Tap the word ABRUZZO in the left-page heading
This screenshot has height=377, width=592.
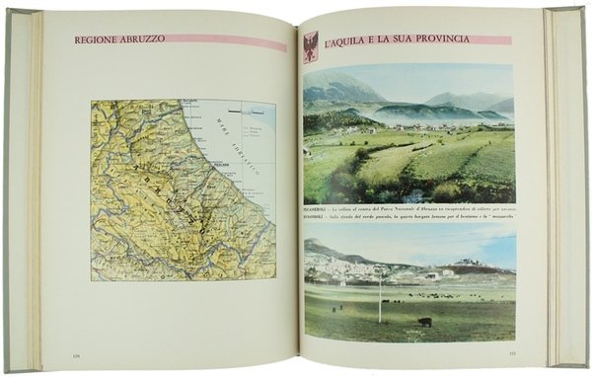click(x=134, y=41)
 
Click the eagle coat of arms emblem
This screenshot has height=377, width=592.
click(x=310, y=46)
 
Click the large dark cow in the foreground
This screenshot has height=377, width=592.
click(x=424, y=322)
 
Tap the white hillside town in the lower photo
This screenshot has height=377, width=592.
click(x=340, y=264)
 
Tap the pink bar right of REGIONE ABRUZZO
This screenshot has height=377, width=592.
click(x=228, y=42)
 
